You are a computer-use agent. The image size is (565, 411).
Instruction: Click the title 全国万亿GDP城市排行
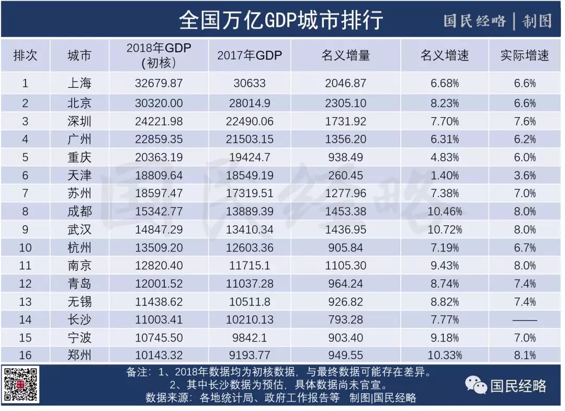point(281,20)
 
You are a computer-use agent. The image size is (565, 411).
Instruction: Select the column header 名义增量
point(345,55)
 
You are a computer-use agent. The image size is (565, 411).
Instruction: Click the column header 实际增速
point(525,55)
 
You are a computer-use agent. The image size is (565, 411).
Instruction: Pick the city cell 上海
point(80,83)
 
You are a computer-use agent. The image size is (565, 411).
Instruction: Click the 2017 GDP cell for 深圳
point(249,121)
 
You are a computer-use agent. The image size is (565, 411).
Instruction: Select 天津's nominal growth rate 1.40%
point(445,175)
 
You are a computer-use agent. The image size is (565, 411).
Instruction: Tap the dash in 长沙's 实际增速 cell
point(525,319)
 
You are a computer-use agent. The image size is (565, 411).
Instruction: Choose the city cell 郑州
point(80,356)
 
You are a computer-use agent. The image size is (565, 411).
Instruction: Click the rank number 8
point(25,211)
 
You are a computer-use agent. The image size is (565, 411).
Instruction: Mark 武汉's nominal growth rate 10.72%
point(445,230)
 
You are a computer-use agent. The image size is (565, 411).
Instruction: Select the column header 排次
point(25,55)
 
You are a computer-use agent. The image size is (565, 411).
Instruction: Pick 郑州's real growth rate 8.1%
point(525,356)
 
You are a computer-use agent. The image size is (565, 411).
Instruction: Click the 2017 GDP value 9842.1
point(249,338)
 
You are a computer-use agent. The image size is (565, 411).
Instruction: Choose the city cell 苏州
point(80,193)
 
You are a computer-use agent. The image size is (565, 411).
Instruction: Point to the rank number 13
point(25,302)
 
